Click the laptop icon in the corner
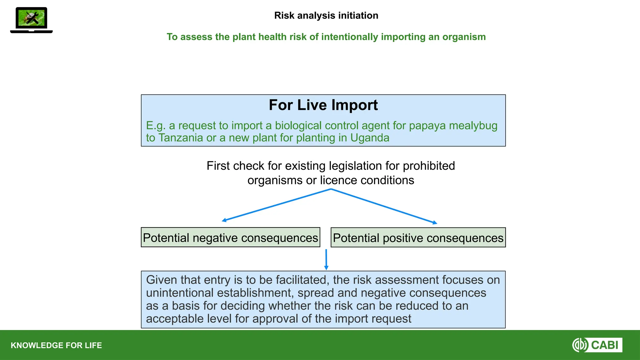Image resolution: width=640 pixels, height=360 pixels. (x=31, y=20)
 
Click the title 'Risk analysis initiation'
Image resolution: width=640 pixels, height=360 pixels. (x=326, y=16)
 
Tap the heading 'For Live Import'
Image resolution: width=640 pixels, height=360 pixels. (x=323, y=105)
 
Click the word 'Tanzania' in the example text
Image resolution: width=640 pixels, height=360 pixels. (x=181, y=138)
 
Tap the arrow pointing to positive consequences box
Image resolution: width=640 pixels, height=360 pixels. (x=384, y=206)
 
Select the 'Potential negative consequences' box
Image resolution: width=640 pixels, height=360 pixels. (x=230, y=238)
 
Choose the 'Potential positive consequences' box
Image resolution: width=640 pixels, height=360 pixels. (x=418, y=238)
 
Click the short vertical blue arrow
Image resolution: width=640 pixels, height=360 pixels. (x=326, y=259)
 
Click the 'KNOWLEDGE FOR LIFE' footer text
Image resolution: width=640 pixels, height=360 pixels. (x=56, y=345)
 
